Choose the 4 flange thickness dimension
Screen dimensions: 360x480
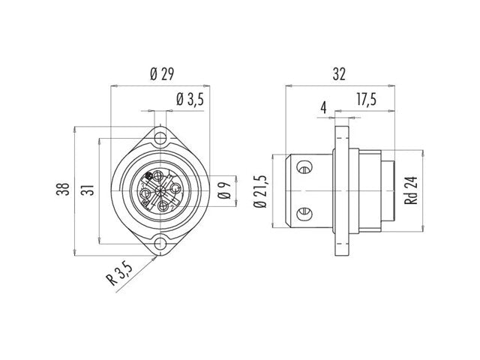click(x=323, y=108)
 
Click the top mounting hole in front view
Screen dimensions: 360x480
click(x=160, y=138)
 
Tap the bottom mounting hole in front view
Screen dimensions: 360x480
click(x=160, y=244)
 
